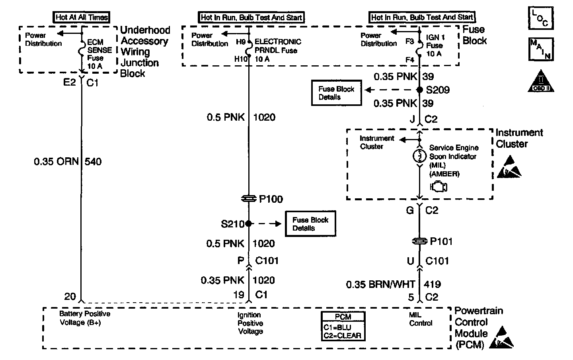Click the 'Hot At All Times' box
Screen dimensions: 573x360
pyautogui.click(x=81, y=17)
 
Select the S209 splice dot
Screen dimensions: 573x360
pyautogui.click(x=419, y=90)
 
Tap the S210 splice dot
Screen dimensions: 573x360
pyautogui.click(x=248, y=224)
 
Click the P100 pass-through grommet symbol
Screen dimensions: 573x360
pyautogui.click(x=249, y=198)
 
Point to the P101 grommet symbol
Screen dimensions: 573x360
pyautogui.click(x=419, y=241)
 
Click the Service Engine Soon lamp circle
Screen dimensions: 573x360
pyautogui.click(x=419, y=156)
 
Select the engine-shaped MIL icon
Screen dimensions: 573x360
pyautogui.click(x=439, y=187)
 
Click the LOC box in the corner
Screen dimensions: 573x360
pyautogui.click(x=541, y=18)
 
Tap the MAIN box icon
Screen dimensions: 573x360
pyautogui.click(x=541, y=49)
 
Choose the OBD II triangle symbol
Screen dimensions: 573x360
pyautogui.click(x=541, y=81)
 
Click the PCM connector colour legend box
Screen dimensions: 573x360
pyautogui.click(x=343, y=326)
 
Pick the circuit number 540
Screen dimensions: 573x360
pyautogui.click(x=93, y=162)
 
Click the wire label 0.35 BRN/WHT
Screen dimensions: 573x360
pyautogui.click(x=380, y=284)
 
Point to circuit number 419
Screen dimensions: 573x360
pyautogui.click(x=432, y=284)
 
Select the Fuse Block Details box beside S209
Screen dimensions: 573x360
pyautogui.click(x=336, y=93)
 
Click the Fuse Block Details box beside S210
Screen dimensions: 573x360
pyautogui.click(x=310, y=223)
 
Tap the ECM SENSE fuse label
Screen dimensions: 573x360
pyautogui.click(x=99, y=54)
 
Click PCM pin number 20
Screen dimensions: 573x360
pyautogui.click(x=70, y=297)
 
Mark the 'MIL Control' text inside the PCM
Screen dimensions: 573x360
pyautogui.click(x=421, y=319)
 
